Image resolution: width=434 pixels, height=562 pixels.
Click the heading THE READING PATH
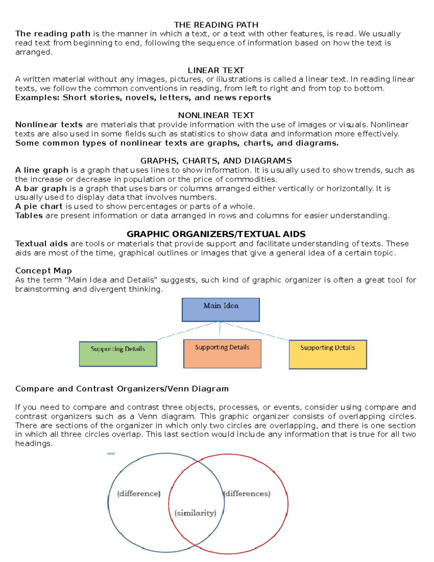pyautogui.click(x=216, y=25)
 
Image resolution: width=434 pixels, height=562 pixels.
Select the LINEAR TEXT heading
pyautogui.click(x=216, y=70)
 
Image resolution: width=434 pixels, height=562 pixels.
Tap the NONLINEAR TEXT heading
pyautogui.click(x=216, y=115)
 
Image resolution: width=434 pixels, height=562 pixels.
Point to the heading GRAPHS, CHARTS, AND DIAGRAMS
pyautogui.click(x=216, y=161)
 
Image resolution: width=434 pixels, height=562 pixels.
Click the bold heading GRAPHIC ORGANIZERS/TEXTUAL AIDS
pyautogui.click(x=216, y=234)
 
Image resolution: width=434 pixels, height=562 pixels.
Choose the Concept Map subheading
pyautogui.click(x=43, y=271)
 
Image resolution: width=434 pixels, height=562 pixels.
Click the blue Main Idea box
pyautogui.click(x=221, y=309)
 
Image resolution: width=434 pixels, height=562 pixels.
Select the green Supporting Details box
pyautogui.click(x=118, y=354)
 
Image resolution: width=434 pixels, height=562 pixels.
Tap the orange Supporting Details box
pyautogui.click(x=222, y=354)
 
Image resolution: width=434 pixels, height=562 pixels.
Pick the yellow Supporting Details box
pyautogui.click(x=328, y=354)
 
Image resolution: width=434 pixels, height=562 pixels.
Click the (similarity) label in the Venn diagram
pyautogui.click(x=195, y=513)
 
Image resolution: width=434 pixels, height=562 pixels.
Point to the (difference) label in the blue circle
pyautogui.click(x=139, y=494)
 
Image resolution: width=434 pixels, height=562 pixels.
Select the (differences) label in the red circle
pyautogui.click(x=247, y=494)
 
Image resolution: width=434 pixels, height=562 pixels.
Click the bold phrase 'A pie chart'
pyautogui.click(x=39, y=207)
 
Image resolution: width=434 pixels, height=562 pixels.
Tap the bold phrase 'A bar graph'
pyautogui.click(x=41, y=189)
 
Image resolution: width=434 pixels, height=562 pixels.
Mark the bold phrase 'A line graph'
pyautogui.click(x=42, y=170)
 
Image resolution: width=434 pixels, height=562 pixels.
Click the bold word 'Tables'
pyautogui.click(x=29, y=216)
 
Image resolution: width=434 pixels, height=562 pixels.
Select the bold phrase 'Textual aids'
pyautogui.click(x=41, y=244)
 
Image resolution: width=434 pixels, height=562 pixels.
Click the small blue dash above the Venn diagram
pyautogui.click(x=111, y=453)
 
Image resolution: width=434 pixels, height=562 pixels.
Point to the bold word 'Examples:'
pyautogui.click(x=37, y=98)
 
